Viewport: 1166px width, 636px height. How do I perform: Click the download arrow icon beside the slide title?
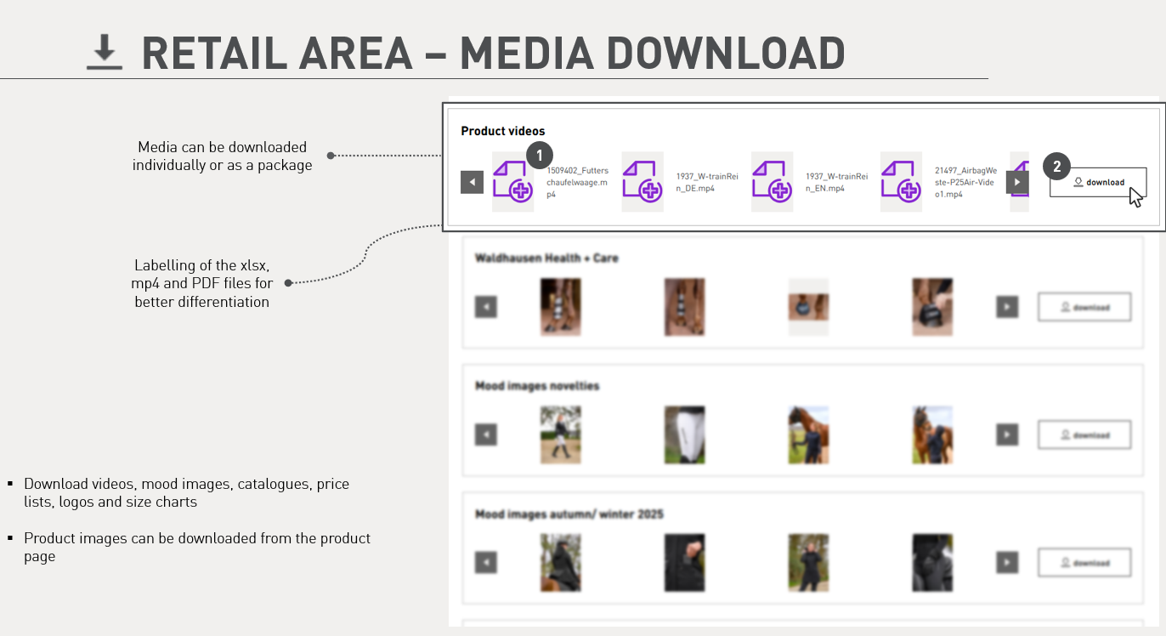pos(105,53)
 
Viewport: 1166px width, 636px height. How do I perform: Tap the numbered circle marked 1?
pos(540,155)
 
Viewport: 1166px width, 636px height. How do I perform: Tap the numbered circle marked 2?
pos(1056,167)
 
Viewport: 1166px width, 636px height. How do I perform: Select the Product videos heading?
pos(503,131)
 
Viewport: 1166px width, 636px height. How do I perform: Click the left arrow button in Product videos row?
pos(472,182)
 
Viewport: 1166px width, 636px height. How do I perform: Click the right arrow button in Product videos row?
pos(1017,182)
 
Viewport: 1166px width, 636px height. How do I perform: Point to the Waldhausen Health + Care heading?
pos(546,258)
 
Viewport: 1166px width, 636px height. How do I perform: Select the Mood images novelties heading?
pos(537,386)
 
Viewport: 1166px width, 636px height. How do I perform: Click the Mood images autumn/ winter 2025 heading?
pos(569,514)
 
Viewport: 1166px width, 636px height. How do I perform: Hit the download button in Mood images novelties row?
pos(1084,434)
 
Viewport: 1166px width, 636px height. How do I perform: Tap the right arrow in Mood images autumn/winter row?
pos(1007,562)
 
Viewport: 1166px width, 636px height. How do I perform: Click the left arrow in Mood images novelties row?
pos(485,434)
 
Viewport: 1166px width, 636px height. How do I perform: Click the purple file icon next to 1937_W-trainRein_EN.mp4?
pos(772,182)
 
